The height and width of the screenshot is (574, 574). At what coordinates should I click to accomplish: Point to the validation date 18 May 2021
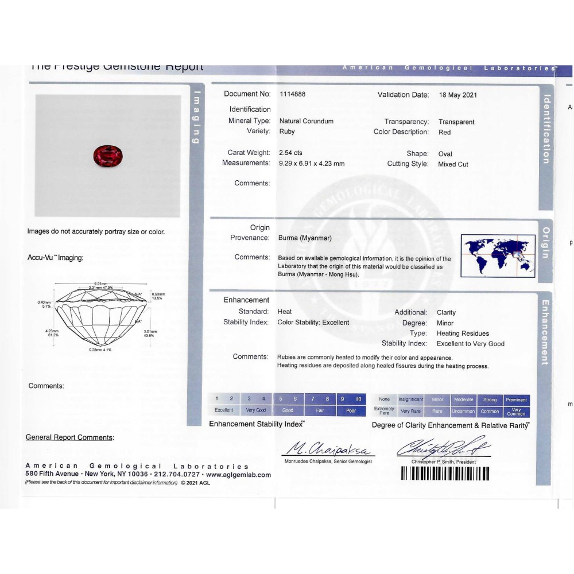457,95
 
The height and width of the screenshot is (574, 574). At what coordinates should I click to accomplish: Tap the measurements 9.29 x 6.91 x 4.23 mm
312,164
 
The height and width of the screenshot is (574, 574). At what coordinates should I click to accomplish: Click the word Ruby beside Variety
287,132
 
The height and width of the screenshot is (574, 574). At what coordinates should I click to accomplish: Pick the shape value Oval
445,154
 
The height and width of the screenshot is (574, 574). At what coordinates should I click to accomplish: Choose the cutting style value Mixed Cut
453,164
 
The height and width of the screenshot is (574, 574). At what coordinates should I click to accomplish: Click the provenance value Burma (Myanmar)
305,238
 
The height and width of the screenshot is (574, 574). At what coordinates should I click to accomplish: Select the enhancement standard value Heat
285,312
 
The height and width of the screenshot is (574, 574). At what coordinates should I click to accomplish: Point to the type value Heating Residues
463,333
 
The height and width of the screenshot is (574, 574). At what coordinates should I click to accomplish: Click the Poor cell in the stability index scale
351,410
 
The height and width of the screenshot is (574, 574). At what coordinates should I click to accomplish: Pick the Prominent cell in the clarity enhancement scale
517,400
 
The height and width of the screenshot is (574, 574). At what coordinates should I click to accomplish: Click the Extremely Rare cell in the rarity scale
384,411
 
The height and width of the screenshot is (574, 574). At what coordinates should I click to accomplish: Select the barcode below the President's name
445,474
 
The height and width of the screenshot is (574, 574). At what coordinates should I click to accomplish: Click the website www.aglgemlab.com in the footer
238,475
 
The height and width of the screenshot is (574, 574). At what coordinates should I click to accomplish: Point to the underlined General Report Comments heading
70,437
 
